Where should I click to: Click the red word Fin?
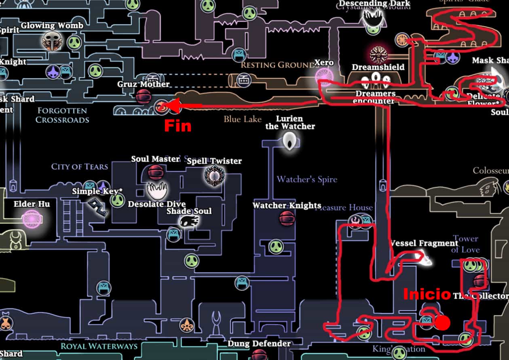click(177, 126)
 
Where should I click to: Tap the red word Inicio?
click(427, 294)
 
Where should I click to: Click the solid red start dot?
click(443, 323)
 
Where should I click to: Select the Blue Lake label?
click(243, 119)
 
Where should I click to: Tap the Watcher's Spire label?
click(307, 179)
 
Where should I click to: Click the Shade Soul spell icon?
click(189, 221)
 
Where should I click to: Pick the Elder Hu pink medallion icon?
click(31, 219)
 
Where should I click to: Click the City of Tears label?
click(80, 166)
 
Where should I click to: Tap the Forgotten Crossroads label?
click(62, 115)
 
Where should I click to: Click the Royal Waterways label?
click(99, 346)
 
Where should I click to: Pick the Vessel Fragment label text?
click(424, 243)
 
